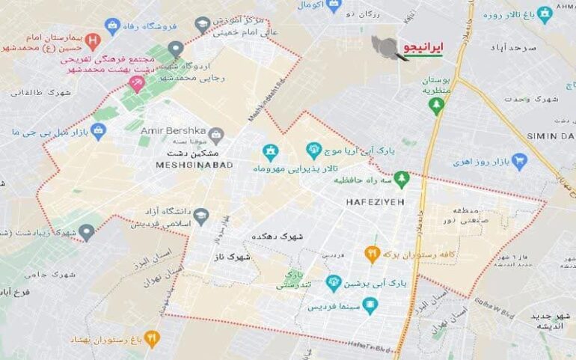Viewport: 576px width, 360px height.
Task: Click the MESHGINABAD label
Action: (194, 165)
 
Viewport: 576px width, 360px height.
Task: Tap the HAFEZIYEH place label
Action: (375, 202)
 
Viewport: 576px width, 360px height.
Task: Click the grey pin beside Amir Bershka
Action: (216, 135)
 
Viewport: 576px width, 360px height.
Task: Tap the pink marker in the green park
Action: (136, 83)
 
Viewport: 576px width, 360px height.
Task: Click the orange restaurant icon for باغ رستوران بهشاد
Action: (151, 338)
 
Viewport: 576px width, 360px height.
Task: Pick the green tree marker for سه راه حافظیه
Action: (402, 179)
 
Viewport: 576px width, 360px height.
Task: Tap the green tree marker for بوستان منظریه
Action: (435, 106)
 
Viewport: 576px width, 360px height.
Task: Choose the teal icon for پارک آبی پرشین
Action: (334, 283)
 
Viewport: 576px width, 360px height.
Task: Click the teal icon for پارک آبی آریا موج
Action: (314, 150)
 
